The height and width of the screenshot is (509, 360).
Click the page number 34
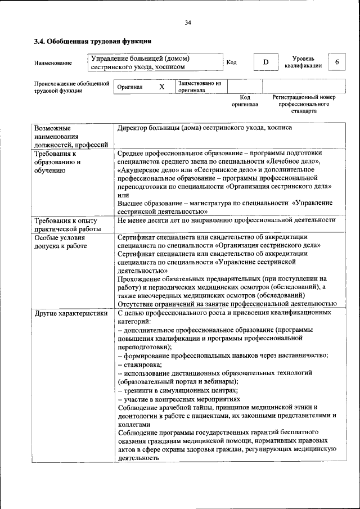coord(187,22)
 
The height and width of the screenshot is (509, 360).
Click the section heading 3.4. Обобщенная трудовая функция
coord(93,42)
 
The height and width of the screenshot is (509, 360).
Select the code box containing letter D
coord(265,62)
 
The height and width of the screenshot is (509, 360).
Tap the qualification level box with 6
coord(336,62)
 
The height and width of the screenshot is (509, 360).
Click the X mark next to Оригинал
coord(161,87)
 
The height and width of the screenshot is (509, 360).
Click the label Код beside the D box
coord(231,62)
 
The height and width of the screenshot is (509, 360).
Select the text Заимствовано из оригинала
coord(200,87)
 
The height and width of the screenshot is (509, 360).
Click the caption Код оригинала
coord(245,101)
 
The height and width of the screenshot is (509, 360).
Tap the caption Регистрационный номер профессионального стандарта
coord(304,104)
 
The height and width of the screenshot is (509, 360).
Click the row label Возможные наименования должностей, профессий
coord(71,136)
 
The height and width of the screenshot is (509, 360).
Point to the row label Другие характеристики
coord(70,313)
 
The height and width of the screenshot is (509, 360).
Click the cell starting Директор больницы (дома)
coord(205,128)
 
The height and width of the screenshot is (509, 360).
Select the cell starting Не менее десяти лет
coord(226,220)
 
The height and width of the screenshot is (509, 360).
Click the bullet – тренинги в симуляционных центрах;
coord(178,390)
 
